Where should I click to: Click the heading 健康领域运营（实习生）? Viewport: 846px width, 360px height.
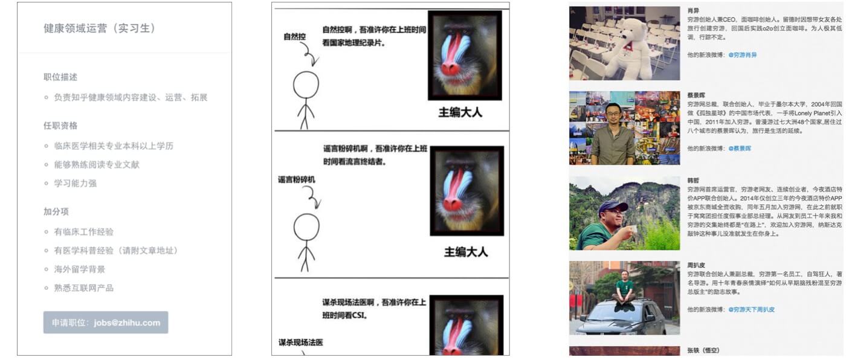tap(100, 28)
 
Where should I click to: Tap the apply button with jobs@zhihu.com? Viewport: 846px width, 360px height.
tap(106, 323)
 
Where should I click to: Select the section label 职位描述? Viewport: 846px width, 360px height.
tap(60, 77)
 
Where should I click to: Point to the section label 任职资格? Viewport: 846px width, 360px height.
tap(60, 126)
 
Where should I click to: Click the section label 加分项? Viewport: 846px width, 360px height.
tap(56, 211)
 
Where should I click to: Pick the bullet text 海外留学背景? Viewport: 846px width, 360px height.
tap(79, 269)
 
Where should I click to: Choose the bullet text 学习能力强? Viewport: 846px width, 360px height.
tap(75, 183)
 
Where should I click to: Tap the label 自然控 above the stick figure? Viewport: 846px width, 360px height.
tap(295, 37)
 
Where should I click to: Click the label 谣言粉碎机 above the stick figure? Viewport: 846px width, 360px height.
tap(297, 179)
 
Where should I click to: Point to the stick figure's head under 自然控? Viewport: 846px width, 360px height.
tap(306, 85)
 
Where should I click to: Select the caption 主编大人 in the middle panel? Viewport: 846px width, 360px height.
tap(465, 252)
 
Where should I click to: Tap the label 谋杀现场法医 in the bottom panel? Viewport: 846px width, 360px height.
tap(300, 342)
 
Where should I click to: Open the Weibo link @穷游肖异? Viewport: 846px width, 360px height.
tap(742, 55)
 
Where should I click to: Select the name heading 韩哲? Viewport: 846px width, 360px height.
tap(693, 180)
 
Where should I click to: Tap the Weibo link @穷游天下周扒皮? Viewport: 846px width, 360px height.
tap(751, 309)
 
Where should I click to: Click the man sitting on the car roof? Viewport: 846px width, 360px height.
tap(624, 289)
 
